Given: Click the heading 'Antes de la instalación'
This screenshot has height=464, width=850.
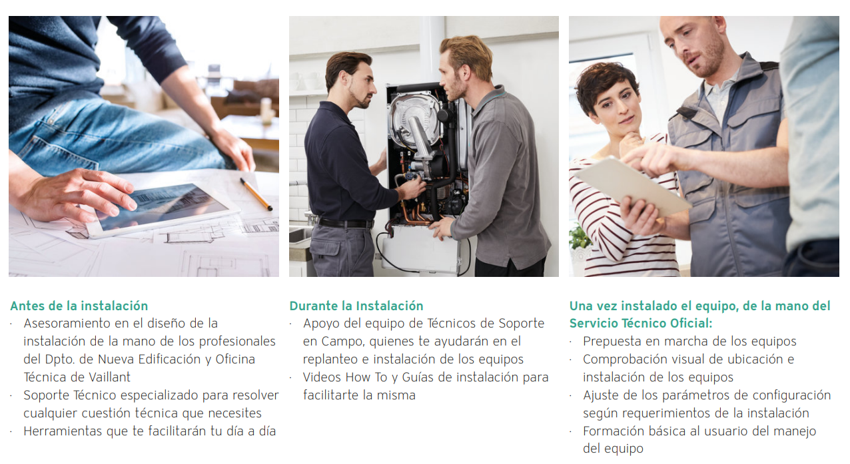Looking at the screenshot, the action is pos(79,306).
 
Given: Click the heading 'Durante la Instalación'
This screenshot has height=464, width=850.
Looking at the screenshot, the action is pos(356,306).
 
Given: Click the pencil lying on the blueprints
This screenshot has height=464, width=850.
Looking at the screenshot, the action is pos(256,194).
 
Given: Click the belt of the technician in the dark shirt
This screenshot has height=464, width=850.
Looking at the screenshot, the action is pos(345,224).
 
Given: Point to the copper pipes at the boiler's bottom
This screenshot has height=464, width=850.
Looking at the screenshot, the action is pos(416,212).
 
